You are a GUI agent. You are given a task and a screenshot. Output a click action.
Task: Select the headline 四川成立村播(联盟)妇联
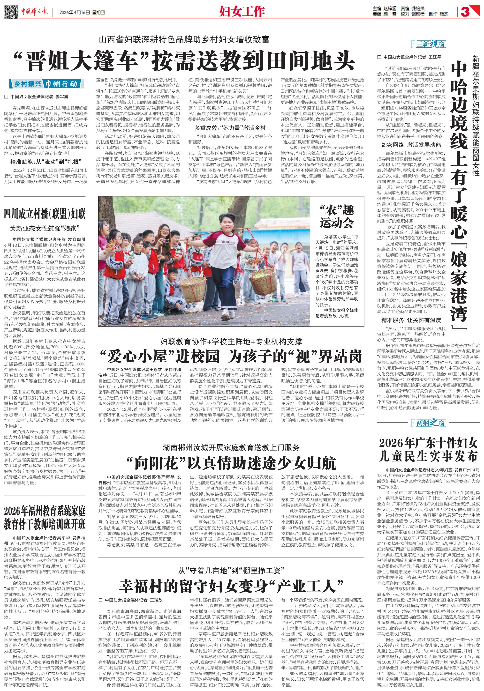[45, 214]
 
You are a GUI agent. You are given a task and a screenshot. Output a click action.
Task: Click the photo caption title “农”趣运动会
[336, 216]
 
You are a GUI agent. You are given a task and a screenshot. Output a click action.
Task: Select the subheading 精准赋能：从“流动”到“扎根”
[45, 162]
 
